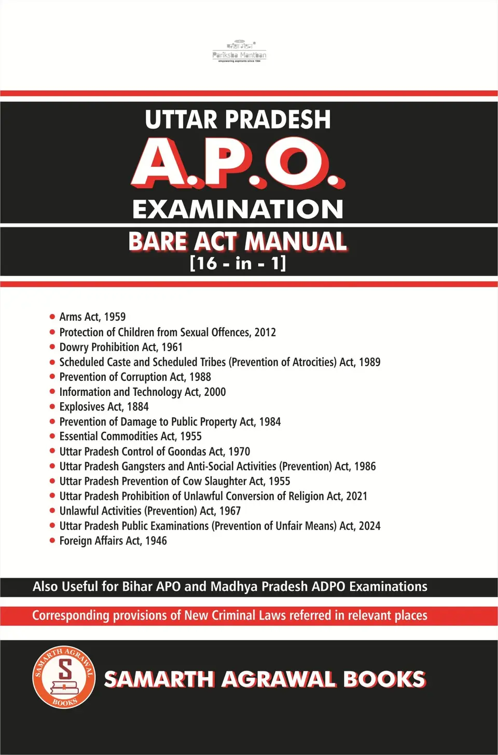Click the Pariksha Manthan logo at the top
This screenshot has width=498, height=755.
pyautogui.click(x=239, y=51)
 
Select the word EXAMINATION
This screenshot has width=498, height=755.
pyautogui.click(x=238, y=209)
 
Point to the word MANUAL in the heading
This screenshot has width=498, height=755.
pyautogui.click(x=295, y=241)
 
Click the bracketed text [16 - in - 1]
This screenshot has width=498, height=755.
pyautogui.click(x=238, y=263)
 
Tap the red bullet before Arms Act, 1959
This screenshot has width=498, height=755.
pyautogui.click(x=52, y=317)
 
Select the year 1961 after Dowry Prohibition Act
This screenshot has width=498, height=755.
pyautogui.click(x=172, y=347)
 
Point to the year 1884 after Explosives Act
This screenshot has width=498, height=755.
pyautogui.click(x=137, y=407)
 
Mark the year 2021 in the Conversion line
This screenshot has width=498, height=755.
pyautogui.click(x=356, y=496)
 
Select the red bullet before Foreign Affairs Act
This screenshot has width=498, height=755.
pyautogui.click(x=52, y=540)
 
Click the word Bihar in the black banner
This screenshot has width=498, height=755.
pyautogui.click(x=137, y=587)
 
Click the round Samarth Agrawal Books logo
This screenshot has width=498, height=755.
pyautogui.click(x=64, y=677)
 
